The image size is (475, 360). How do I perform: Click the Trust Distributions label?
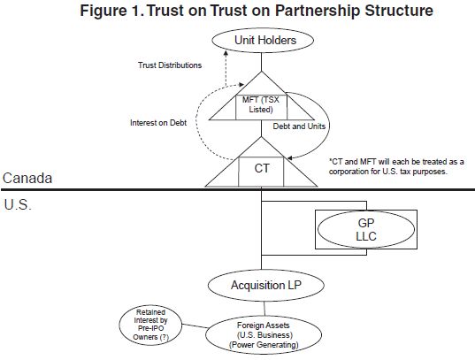pos(170,65)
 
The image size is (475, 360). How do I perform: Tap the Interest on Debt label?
pos(158,123)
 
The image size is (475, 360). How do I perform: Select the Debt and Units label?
pos(299,126)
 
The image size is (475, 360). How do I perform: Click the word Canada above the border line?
pos(27,178)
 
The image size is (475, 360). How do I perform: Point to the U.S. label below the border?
pos(18,205)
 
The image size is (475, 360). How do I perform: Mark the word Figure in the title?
pos(103,11)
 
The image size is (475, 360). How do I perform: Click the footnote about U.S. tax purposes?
pos(396,166)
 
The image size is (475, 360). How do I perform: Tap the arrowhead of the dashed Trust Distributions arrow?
pos(226,53)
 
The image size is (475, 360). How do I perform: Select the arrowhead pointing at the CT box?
pos(289,157)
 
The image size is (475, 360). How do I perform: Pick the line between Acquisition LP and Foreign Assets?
pos(264,309)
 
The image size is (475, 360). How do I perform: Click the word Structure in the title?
pos(399,11)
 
